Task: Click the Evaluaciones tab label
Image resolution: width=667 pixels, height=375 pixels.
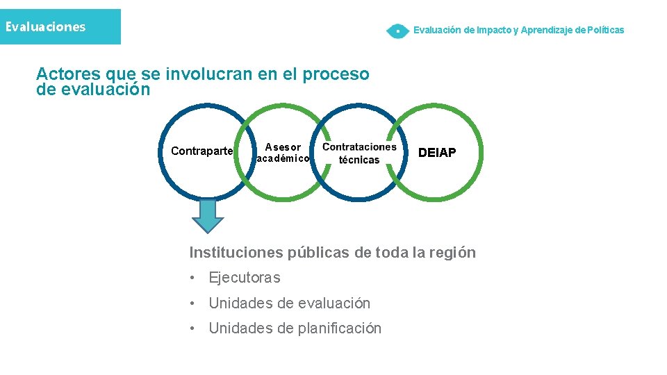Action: click(45, 27)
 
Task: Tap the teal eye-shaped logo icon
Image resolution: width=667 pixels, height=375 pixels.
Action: click(397, 31)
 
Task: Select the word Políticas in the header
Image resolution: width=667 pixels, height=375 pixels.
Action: click(606, 30)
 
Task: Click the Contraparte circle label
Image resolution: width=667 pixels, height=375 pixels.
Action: click(201, 151)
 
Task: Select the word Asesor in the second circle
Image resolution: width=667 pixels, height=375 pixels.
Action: click(283, 147)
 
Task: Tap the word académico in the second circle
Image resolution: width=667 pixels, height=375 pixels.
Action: click(283, 158)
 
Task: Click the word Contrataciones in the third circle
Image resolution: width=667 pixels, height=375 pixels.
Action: click(359, 147)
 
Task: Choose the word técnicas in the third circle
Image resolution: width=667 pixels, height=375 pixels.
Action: click(359, 160)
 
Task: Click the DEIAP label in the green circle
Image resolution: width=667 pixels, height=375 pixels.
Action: click(437, 153)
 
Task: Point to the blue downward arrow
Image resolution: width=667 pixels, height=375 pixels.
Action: click(208, 215)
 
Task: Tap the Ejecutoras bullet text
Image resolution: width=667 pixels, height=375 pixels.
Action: click(245, 278)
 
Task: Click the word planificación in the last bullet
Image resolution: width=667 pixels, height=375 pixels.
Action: click(341, 328)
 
